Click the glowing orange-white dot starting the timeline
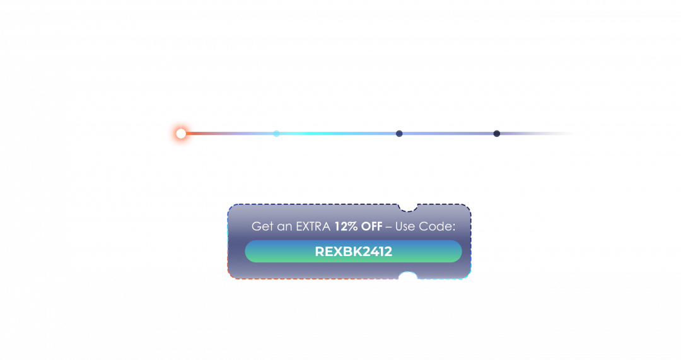[181, 133]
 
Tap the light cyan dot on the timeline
[276, 134]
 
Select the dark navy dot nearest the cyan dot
[399, 134]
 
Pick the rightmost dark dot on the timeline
[496, 134]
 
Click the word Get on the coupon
[262, 226]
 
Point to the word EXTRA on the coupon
[313, 226]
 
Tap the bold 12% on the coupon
[346, 226]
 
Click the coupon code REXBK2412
[354, 252]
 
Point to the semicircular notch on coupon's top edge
[408, 208]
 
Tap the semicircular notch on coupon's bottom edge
[408, 275]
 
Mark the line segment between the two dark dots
[448, 134]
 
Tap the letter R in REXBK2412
[319, 252]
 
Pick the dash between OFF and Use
[388, 227]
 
